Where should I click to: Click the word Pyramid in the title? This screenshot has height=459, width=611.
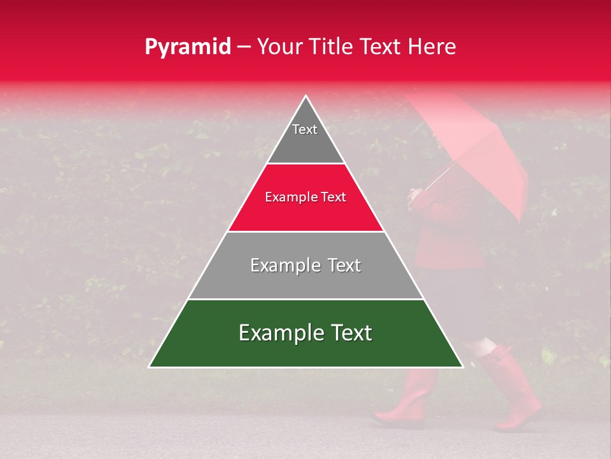(x=188, y=47)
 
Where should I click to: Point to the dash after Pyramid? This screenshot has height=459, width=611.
(x=244, y=47)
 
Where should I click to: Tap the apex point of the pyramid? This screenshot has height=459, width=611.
(x=305, y=96)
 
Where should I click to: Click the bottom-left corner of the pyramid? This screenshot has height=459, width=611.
(x=149, y=367)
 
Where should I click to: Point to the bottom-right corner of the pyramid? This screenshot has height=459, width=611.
(x=463, y=367)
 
